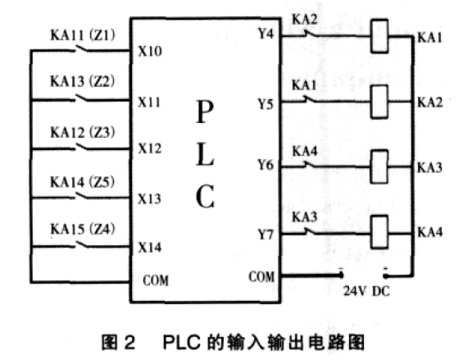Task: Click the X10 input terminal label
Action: pyautogui.click(x=150, y=52)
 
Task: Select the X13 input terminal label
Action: pyautogui.click(x=149, y=199)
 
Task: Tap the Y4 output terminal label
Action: pyautogui.click(x=266, y=34)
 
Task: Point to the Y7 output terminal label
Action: pyautogui.click(x=266, y=235)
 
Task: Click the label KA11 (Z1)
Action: pyautogui.click(x=83, y=35)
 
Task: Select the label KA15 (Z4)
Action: pyautogui.click(x=83, y=229)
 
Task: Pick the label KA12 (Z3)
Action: pyautogui.click(x=83, y=132)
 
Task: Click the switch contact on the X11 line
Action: pyautogui.click(x=81, y=98)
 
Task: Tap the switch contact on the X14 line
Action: pyautogui.click(x=81, y=244)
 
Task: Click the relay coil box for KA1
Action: pyautogui.click(x=379, y=36)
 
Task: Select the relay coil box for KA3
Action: pyautogui.click(x=379, y=167)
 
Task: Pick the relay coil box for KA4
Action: pyautogui.click(x=379, y=233)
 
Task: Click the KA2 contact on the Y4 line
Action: pyautogui.click(x=310, y=34)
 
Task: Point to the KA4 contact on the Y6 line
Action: pyautogui.click(x=309, y=164)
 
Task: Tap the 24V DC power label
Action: pyautogui.click(x=366, y=291)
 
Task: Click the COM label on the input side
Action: pyautogui.click(x=156, y=280)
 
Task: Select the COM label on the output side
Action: pyautogui.click(x=261, y=277)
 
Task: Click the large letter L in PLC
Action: pyautogui.click(x=205, y=154)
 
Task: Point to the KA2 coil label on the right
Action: pyautogui.click(x=430, y=103)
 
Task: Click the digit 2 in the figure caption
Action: pyautogui.click(x=129, y=342)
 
